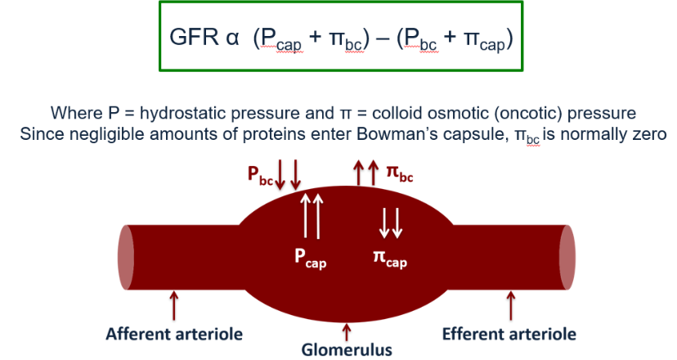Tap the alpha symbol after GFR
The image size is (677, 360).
tap(231, 39)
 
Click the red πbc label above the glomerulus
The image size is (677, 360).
tap(398, 174)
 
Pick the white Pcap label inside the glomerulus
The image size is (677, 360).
tap(311, 257)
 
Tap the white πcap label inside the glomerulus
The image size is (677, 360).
tap(390, 259)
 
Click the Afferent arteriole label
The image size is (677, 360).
tap(174, 333)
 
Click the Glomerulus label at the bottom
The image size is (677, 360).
tap(346, 350)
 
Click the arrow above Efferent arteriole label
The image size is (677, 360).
tap(511, 306)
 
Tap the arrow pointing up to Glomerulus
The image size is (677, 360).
tap(347, 331)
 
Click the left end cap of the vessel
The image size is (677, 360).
tap(125, 254)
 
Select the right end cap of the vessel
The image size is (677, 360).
tap(566, 254)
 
